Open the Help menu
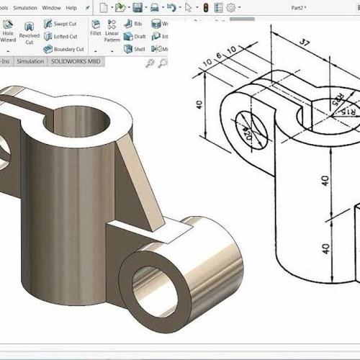point(71,7)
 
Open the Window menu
point(51,7)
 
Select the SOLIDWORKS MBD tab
point(76,62)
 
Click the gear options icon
point(231,8)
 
